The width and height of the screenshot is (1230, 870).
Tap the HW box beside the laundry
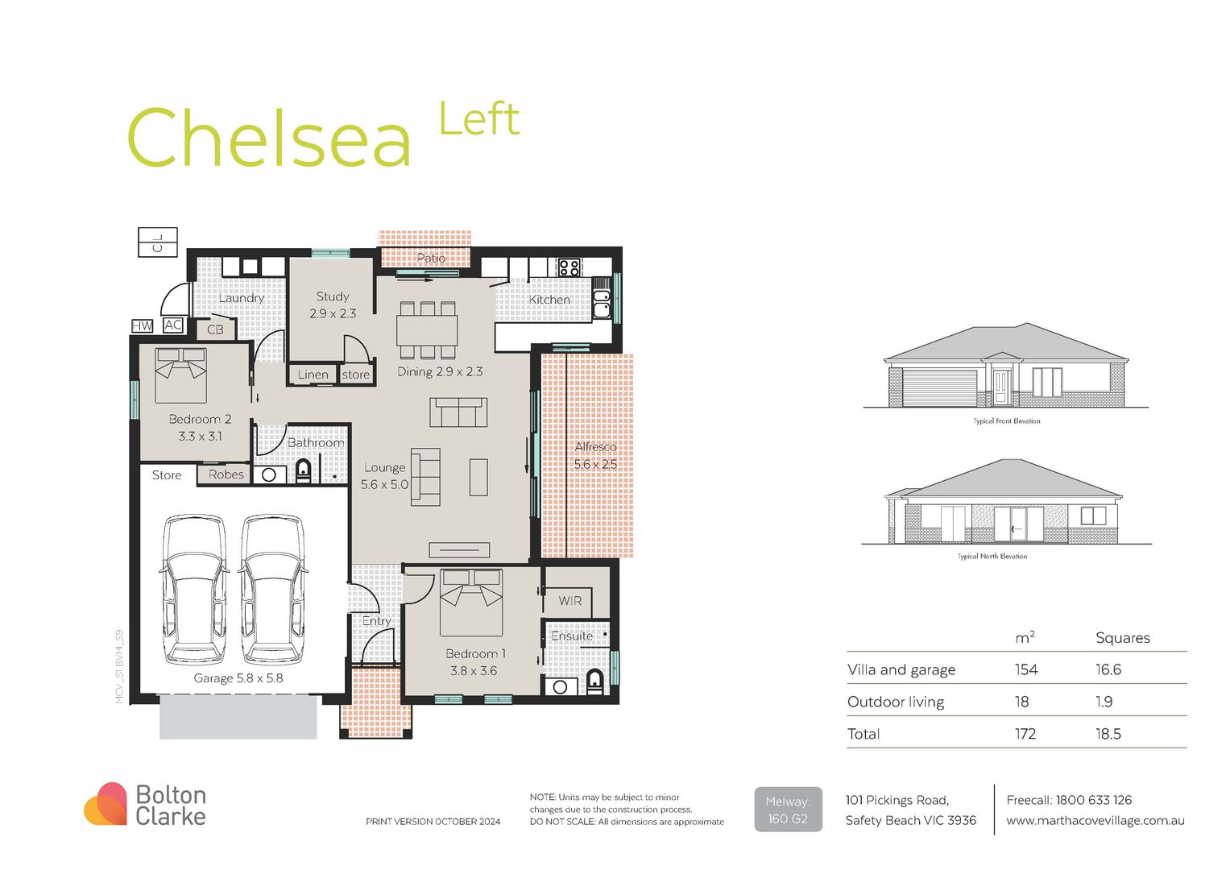click(x=142, y=325)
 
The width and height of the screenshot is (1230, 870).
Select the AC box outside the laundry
click(x=172, y=325)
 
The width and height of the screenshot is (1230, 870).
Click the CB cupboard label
click(x=215, y=329)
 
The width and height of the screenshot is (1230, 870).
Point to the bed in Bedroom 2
click(x=180, y=375)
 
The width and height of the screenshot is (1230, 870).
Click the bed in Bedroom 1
click(x=471, y=602)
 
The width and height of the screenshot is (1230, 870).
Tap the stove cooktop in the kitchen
click(x=569, y=267)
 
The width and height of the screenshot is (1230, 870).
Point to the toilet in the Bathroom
click(x=304, y=470)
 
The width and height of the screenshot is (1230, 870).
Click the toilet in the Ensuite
click(x=594, y=681)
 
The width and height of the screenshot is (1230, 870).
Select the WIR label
click(x=569, y=601)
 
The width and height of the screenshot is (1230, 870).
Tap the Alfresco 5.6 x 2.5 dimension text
click(x=595, y=464)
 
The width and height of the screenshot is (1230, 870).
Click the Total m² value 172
click(x=1025, y=734)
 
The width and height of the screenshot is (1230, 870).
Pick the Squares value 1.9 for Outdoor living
click(x=1104, y=702)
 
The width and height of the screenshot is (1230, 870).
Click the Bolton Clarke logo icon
click(x=106, y=804)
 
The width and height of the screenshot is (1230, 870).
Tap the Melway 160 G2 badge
click(x=788, y=810)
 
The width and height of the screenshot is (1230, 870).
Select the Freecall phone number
click(x=1093, y=800)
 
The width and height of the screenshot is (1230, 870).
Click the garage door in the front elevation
click(x=940, y=387)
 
